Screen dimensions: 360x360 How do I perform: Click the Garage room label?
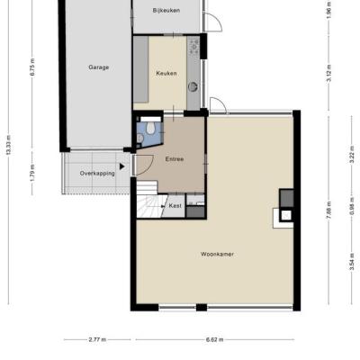point(99,67)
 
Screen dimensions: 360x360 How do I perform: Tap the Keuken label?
point(166,73)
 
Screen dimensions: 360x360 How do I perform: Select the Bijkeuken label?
point(166,11)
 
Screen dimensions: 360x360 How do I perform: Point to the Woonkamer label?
point(217,254)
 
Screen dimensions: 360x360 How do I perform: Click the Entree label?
point(175,159)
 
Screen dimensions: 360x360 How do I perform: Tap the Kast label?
point(175,206)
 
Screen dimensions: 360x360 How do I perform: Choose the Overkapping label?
point(97,174)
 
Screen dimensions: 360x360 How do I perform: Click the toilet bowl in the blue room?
point(150,129)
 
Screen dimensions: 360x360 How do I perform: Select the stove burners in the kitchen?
point(194,47)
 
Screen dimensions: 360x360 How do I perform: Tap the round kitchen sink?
point(193,86)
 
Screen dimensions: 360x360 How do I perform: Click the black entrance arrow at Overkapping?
point(121,166)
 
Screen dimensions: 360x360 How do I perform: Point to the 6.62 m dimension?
point(214,340)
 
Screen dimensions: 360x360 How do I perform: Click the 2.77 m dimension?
point(97,340)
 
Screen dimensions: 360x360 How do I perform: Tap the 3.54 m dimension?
point(352,262)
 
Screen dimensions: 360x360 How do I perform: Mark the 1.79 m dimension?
point(32,173)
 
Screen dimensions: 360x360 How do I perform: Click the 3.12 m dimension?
point(328,73)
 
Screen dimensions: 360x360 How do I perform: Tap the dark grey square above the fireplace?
point(286,198)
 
